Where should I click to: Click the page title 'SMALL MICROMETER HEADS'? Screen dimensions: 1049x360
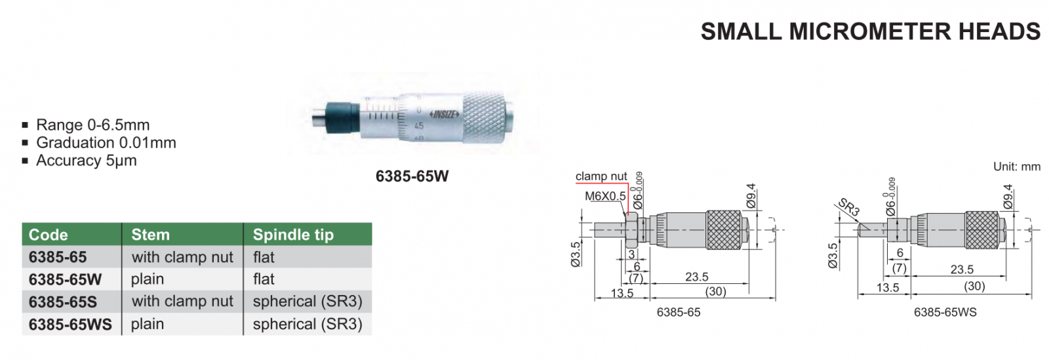[870, 32]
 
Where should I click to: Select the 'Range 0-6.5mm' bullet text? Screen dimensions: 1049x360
[92, 125]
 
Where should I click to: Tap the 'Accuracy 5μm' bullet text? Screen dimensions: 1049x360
[86, 161]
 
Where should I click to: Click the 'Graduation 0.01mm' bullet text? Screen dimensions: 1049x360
[106, 143]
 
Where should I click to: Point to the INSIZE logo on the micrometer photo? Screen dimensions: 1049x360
[444, 114]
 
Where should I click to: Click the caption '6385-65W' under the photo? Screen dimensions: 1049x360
[412, 176]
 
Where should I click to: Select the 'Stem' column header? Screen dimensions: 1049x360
[150, 235]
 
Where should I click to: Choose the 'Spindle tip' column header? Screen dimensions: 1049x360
[293, 235]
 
